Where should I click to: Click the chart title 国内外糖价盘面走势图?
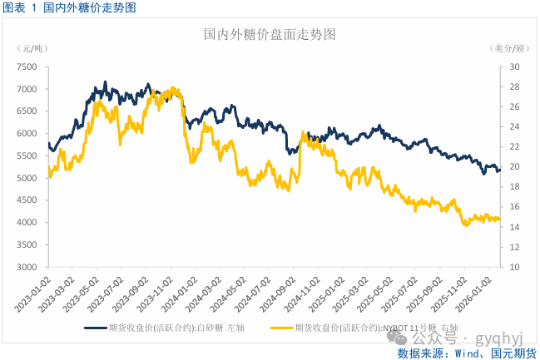(x=270, y=35)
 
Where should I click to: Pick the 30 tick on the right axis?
(x=514, y=67)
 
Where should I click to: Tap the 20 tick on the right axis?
(x=514, y=166)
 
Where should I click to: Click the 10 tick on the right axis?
(x=514, y=267)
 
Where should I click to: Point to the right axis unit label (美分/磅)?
(x=509, y=49)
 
